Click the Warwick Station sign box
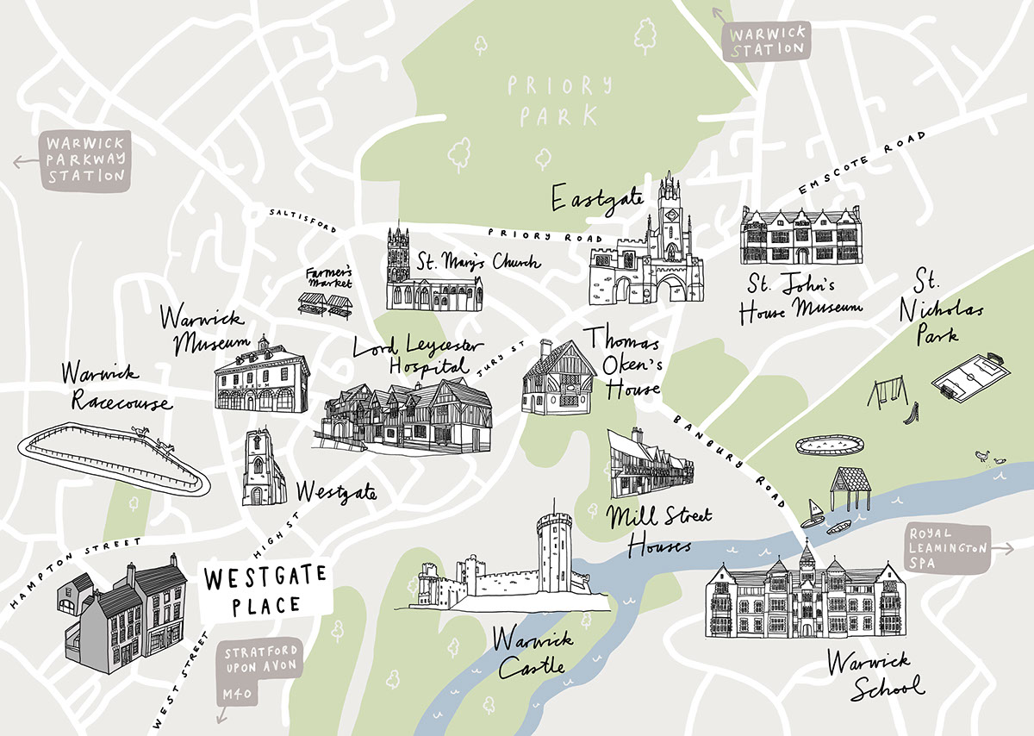[x=767, y=41]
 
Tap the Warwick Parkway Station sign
[x=86, y=160]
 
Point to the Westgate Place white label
[x=265, y=589]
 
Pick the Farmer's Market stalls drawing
[x=325, y=304]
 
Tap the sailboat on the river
[x=812, y=513]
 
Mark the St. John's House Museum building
[x=800, y=234]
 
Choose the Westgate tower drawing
[x=262, y=468]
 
